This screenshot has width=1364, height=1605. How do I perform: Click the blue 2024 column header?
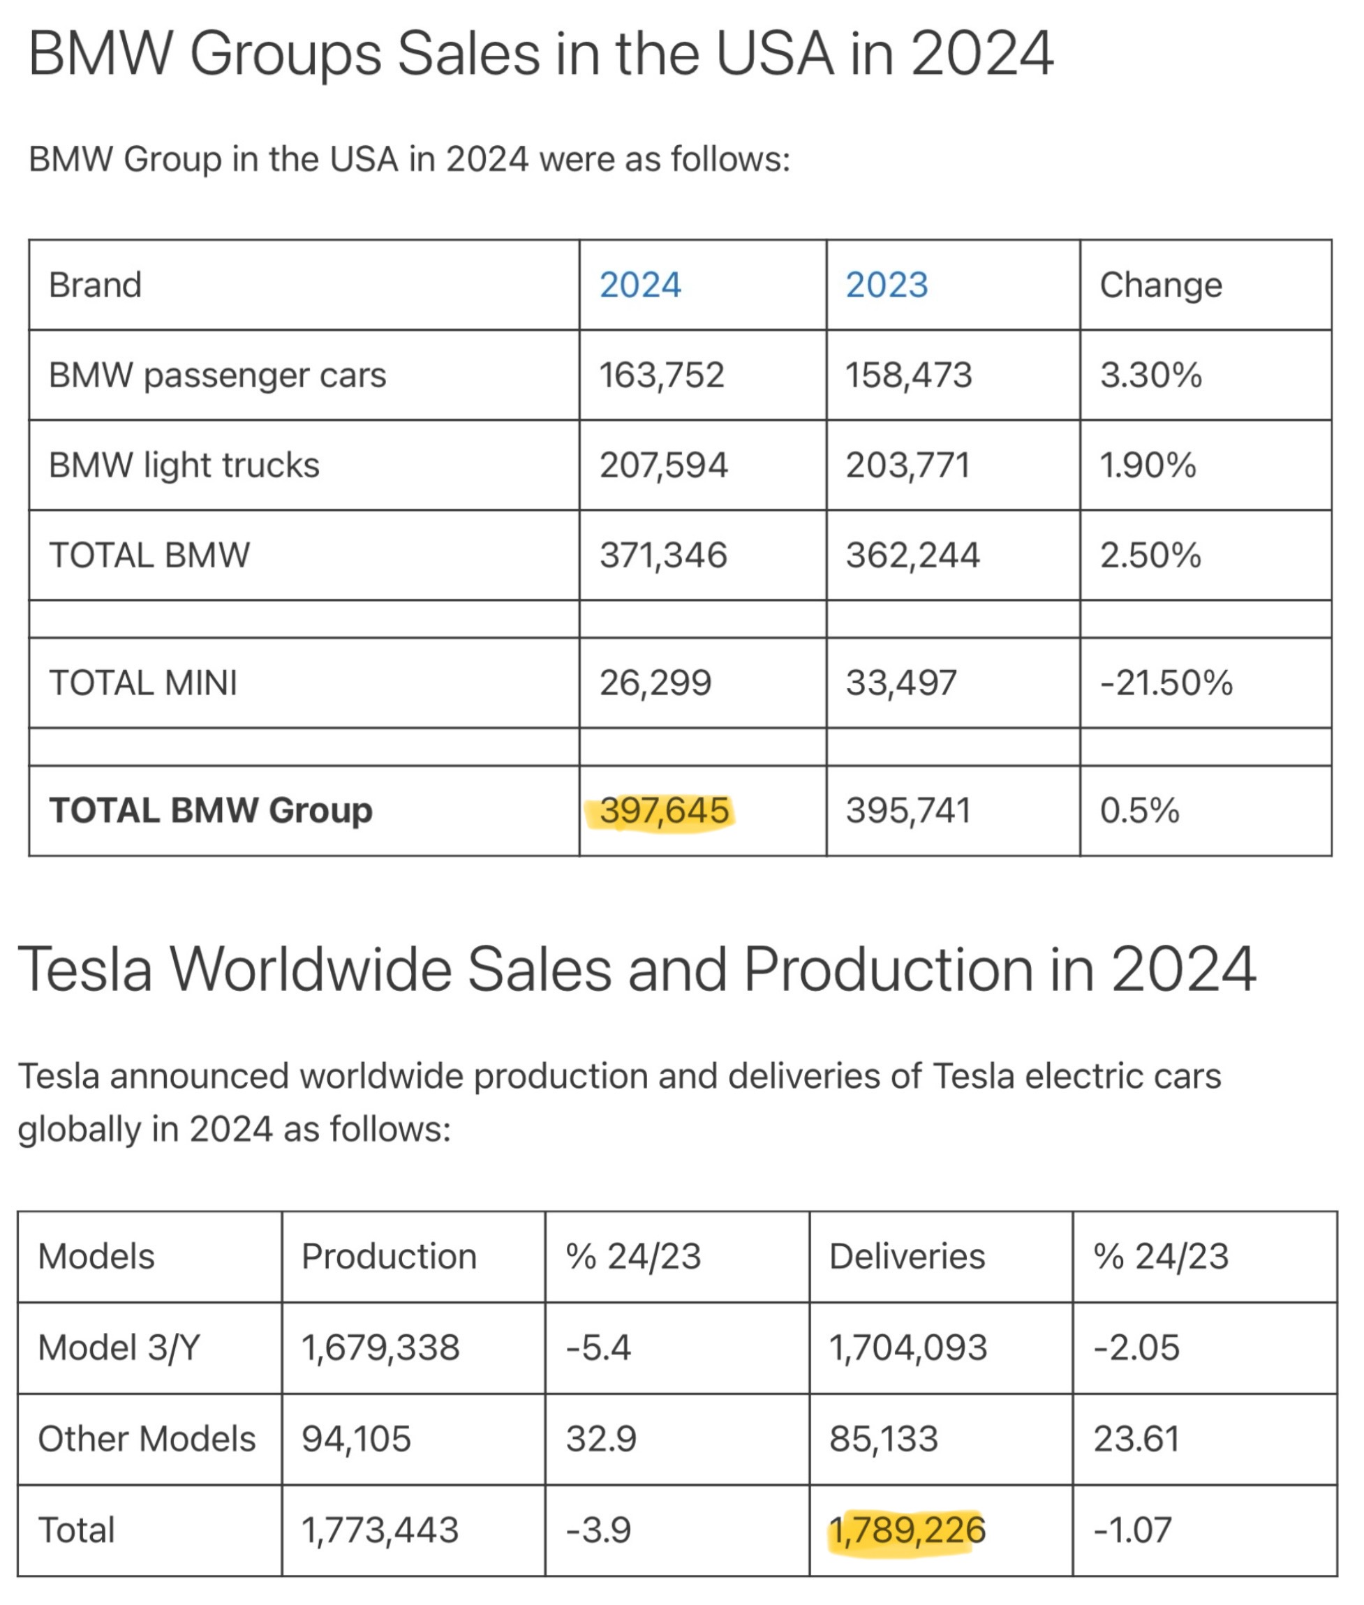(640, 285)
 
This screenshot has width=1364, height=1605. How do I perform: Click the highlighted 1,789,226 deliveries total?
(907, 1530)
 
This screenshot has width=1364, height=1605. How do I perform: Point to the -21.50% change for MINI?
(1166, 683)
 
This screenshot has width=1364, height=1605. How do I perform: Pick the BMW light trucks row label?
(184, 465)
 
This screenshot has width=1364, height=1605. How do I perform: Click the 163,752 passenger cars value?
(662, 375)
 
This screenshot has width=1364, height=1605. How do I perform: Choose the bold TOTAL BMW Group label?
(210, 811)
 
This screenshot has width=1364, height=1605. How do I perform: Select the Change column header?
(1161, 285)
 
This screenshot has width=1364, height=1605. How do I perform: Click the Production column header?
(389, 1257)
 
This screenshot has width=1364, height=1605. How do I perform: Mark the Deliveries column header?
(907, 1257)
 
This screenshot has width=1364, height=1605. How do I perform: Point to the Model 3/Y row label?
(119, 1348)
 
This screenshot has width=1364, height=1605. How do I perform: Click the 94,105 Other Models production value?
(357, 1440)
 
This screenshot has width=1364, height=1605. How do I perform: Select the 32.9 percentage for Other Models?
(601, 1440)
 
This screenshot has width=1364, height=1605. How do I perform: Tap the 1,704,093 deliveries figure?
(907, 1348)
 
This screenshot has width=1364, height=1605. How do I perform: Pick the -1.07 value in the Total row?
(1133, 1530)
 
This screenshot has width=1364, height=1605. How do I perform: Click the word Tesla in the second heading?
(85, 970)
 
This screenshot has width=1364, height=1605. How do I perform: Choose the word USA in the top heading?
(775, 54)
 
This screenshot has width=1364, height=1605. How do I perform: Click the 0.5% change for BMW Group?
(1140, 811)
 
